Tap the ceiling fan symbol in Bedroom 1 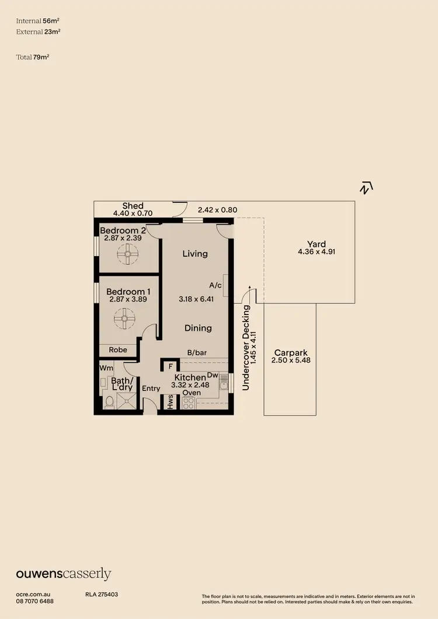pyautogui.click(x=124, y=319)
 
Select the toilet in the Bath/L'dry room pyautogui.click(x=109, y=402)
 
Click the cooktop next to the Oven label pyautogui.click(x=189, y=403)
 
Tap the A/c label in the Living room pyautogui.click(x=215, y=285)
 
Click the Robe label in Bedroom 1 pyautogui.click(x=118, y=350)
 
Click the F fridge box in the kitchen pyautogui.click(x=170, y=367)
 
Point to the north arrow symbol pyautogui.click(x=366, y=188)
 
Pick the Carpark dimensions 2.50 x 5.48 pyautogui.click(x=290, y=361)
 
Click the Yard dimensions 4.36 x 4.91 pyautogui.click(x=316, y=252)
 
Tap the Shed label pyautogui.click(x=133, y=205)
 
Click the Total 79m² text pyautogui.click(x=33, y=57)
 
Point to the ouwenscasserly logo pyautogui.click(x=63, y=574)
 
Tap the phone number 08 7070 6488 pyautogui.click(x=35, y=601)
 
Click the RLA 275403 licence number pyautogui.click(x=102, y=594)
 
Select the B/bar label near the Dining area pyautogui.click(x=197, y=352)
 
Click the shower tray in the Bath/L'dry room pyautogui.click(x=127, y=401)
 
